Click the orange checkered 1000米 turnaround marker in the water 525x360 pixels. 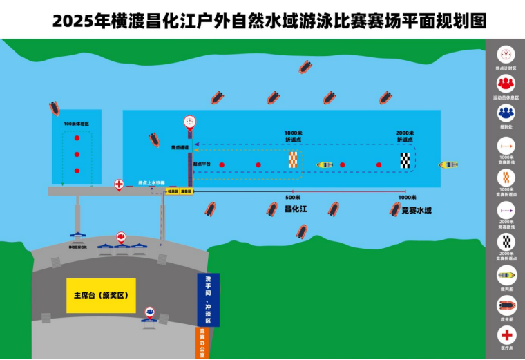click(x=294, y=160)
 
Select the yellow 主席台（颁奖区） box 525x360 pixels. click(x=101, y=295)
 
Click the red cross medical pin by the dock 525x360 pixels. click(x=119, y=185)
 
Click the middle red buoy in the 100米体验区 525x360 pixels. click(x=77, y=154)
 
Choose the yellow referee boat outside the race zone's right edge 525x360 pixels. click(x=448, y=164)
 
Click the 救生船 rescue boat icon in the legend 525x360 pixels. click(x=506, y=305)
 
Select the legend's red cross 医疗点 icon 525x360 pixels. click(x=506, y=335)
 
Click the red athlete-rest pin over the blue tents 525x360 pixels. click(x=122, y=238)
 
